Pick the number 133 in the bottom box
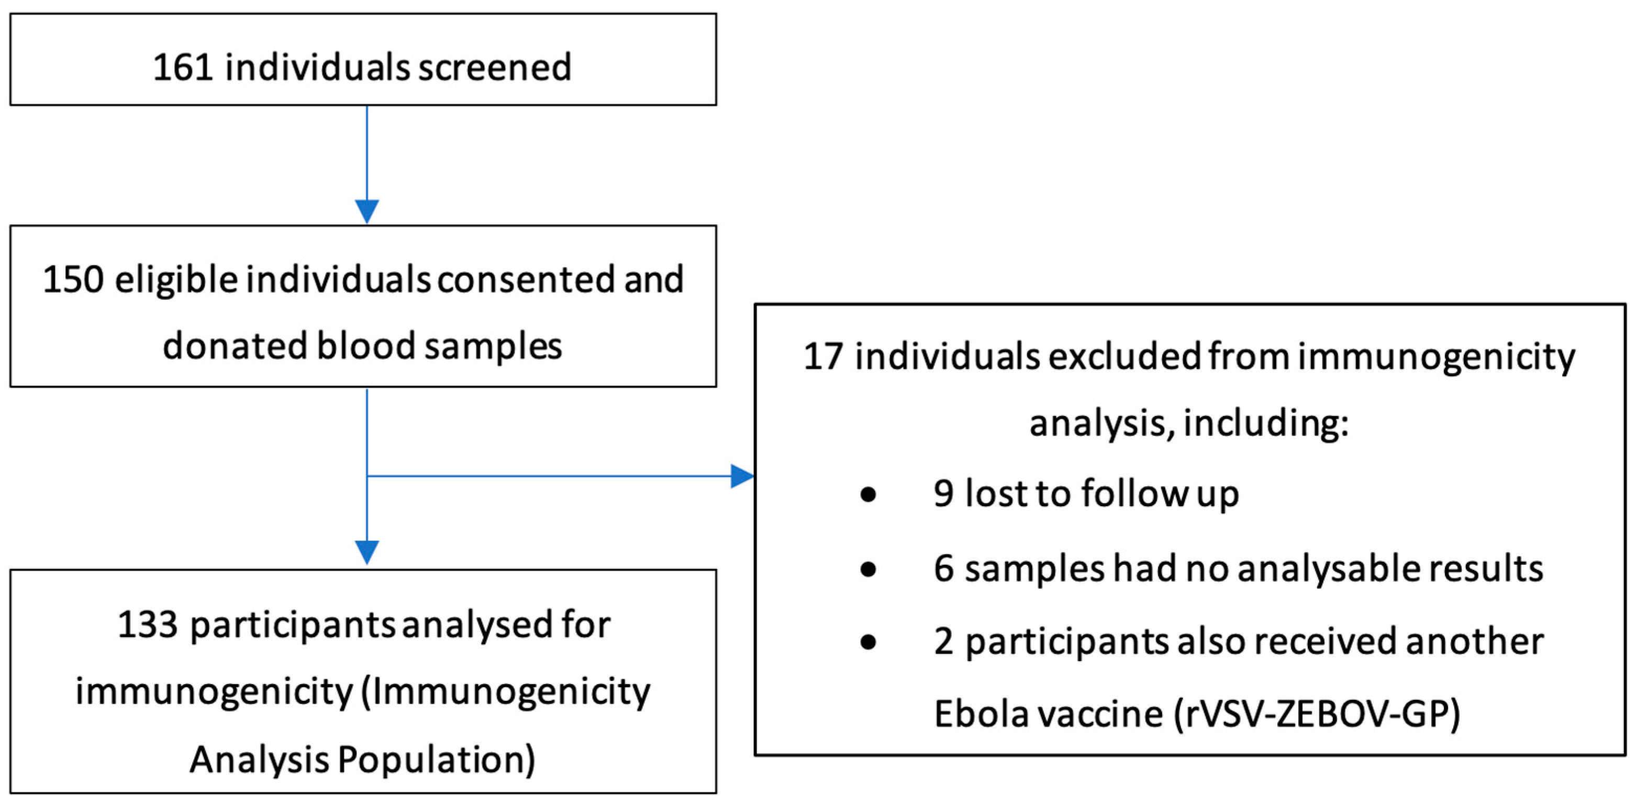[147, 625]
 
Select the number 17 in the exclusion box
[823, 357]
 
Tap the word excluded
[1124, 357]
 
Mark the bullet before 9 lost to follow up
[868, 495]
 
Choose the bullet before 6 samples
[868, 569]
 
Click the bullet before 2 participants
[868, 642]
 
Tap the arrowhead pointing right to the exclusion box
[742, 476]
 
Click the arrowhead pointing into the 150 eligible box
[367, 211]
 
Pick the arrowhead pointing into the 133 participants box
[367, 552]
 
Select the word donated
[235, 346]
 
